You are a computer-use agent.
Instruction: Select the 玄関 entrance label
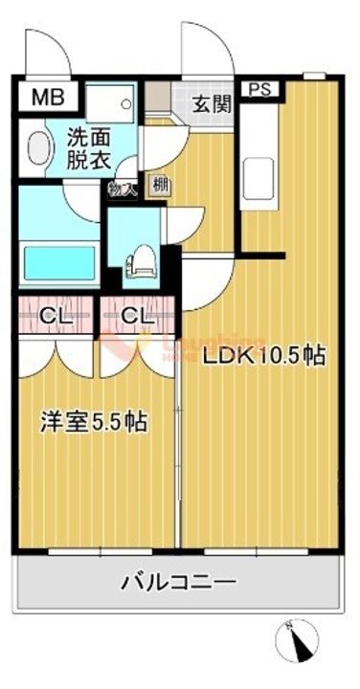click(211, 104)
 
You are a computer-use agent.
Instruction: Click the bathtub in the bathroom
click(59, 262)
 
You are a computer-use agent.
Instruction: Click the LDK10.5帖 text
click(263, 357)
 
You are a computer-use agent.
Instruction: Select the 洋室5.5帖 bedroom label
click(94, 421)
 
